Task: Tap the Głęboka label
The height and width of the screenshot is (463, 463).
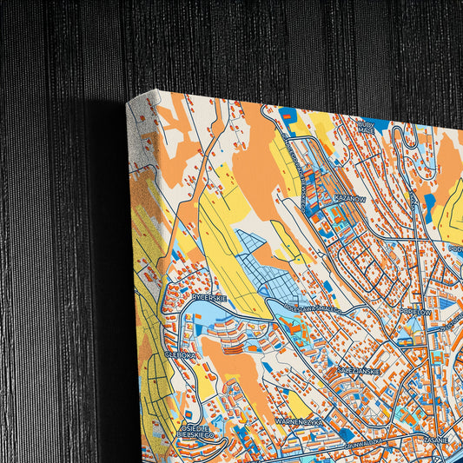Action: [x=182, y=354]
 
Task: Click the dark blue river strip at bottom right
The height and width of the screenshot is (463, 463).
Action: [x=448, y=451]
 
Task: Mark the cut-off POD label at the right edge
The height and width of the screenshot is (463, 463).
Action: [x=455, y=248]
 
